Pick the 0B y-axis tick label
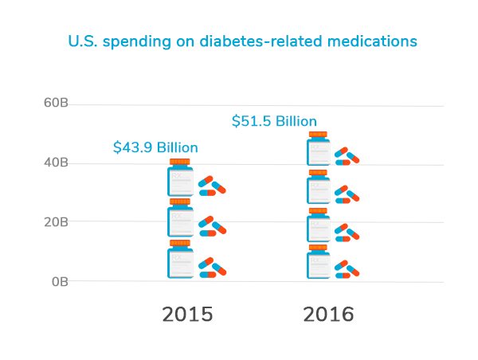60,281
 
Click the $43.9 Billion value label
155,147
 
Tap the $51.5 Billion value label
274,121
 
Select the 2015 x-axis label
187,314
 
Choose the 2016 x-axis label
328,314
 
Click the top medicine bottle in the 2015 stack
180,181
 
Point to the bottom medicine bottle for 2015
180,261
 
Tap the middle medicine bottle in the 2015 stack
180,221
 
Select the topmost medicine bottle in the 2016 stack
318,151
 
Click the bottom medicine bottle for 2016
318,264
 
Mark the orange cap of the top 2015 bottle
180,162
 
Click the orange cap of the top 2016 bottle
318,135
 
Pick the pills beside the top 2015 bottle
212,186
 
